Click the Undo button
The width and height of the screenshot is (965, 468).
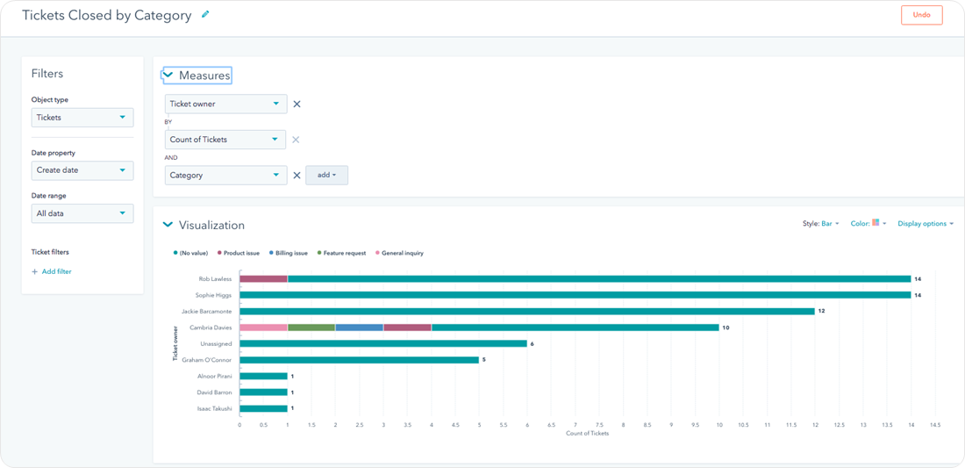(921, 15)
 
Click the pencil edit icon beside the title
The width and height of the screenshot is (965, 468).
(205, 14)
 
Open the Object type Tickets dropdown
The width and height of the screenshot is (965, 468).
(82, 118)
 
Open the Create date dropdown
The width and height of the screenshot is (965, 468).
(82, 170)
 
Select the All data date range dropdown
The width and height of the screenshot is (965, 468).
(82, 213)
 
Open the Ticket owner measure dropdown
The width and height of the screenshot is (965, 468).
(225, 104)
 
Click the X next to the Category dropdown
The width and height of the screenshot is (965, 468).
(297, 176)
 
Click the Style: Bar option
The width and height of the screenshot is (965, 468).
(821, 224)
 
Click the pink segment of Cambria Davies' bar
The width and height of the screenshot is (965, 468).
(263, 328)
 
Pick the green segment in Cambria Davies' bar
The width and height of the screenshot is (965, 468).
(311, 328)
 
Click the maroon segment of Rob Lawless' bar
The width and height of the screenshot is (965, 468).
(263, 279)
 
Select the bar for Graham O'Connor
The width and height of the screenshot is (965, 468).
(359, 360)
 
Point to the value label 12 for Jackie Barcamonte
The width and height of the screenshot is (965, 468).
(822, 312)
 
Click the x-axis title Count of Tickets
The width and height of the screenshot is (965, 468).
(587, 433)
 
